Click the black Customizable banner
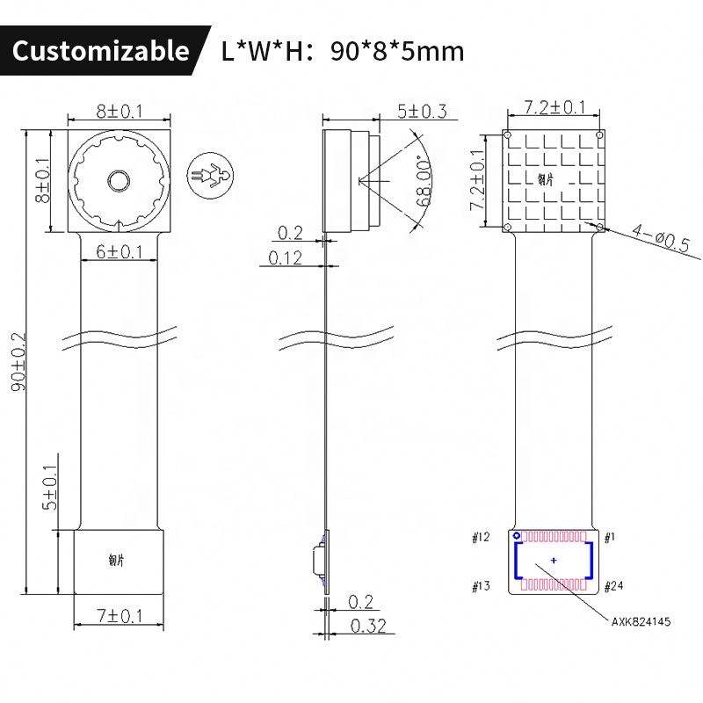pyautogui.click(x=100, y=51)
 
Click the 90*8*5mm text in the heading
pyautogui.click(x=396, y=51)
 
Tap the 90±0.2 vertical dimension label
pyautogui.click(x=17, y=362)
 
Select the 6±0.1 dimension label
pyautogui.click(x=120, y=251)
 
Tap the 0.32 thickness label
pyautogui.click(x=366, y=626)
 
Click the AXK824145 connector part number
pyautogui.click(x=641, y=621)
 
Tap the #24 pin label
pyautogui.click(x=614, y=585)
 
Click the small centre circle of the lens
pyautogui.click(x=119, y=180)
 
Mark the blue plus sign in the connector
pyautogui.click(x=553, y=560)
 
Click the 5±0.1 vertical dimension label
pyautogui.click(x=50, y=488)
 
